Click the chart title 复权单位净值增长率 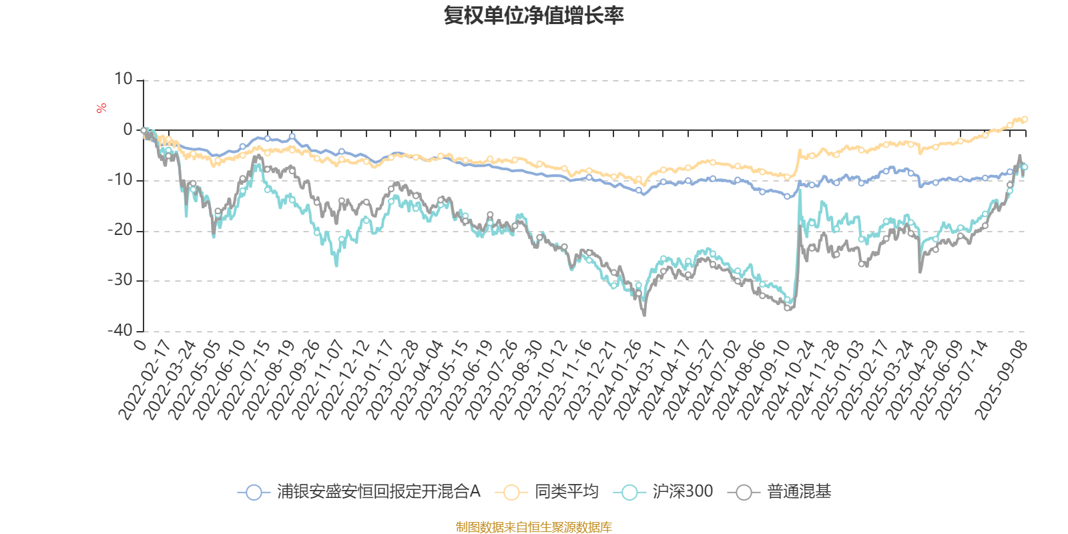pos(533,15)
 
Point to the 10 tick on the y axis pos(123,79)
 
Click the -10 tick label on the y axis pos(121,180)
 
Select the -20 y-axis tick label pos(121,230)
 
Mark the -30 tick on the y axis pos(121,280)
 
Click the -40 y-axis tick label pos(121,330)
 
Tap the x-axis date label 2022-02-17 pos(146,379)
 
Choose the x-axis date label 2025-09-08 pos(1001,379)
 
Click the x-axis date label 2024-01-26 pos(615,379)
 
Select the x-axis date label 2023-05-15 pos(442,379)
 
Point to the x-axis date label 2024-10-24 pos(789,379)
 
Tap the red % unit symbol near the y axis pos(101,108)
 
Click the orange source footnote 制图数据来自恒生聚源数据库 pos(533,527)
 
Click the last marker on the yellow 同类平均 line pos(1025,119)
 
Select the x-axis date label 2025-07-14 pos(962,379)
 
